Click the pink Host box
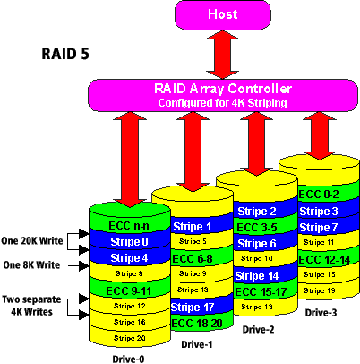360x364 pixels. coord(223,15)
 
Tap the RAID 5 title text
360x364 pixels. coord(65,54)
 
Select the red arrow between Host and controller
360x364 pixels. coord(223,55)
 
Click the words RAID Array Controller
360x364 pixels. coord(223,89)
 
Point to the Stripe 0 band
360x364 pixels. coord(129,241)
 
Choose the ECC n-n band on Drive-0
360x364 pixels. coord(129,226)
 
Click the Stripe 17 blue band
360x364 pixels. coord(193,308)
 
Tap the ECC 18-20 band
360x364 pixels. coord(197,324)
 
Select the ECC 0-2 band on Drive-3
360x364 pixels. coord(319,195)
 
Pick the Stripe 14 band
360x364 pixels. coord(257,276)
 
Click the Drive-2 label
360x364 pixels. coord(258,330)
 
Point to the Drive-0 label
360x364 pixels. coord(128,359)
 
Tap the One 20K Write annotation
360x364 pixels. coord(32,241)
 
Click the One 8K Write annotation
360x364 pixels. coord(31,265)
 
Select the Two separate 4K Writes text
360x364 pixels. coord(31,306)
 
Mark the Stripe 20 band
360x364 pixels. coord(129,338)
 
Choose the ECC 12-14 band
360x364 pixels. coord(324,260)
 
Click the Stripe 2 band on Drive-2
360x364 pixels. coord(257,212)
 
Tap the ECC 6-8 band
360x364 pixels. coord(193,258)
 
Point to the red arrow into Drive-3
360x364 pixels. coord(320,135)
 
